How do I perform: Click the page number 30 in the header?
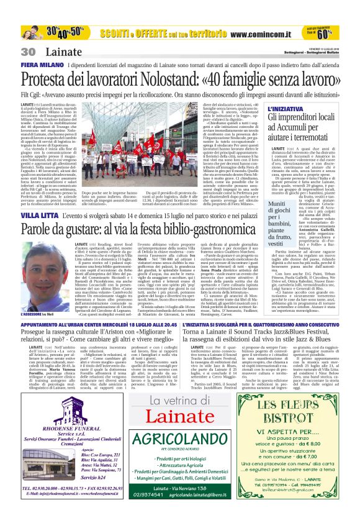tap(28, 52)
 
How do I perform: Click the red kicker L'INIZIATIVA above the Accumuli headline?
tap(287, 109)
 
